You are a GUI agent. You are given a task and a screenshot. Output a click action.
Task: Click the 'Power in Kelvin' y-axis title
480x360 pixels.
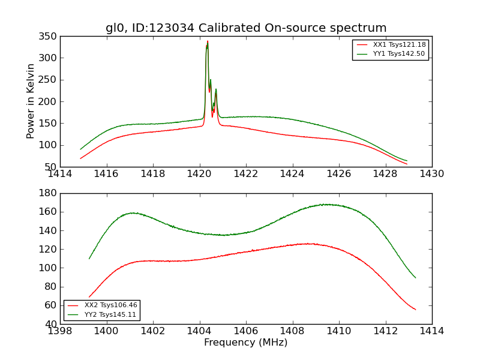coord(31,101)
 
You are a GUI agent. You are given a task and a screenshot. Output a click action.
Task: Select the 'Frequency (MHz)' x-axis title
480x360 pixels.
coord(245,343)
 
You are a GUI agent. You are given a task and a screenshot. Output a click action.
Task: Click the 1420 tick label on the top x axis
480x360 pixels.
coord(199,174)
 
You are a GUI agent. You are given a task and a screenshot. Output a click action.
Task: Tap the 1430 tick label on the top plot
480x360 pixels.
coord(431,174)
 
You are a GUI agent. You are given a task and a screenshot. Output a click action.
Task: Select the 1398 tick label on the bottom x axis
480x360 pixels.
coord(60,331)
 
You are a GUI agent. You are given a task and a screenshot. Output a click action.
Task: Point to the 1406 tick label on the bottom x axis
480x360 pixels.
coord(245,331)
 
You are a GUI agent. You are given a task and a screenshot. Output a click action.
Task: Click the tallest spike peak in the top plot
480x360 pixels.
coord(208,41)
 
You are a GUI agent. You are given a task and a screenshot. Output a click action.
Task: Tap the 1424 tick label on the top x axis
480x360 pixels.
coord(292,174)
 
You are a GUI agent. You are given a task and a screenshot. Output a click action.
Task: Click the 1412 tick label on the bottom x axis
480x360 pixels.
coord(385,331)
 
